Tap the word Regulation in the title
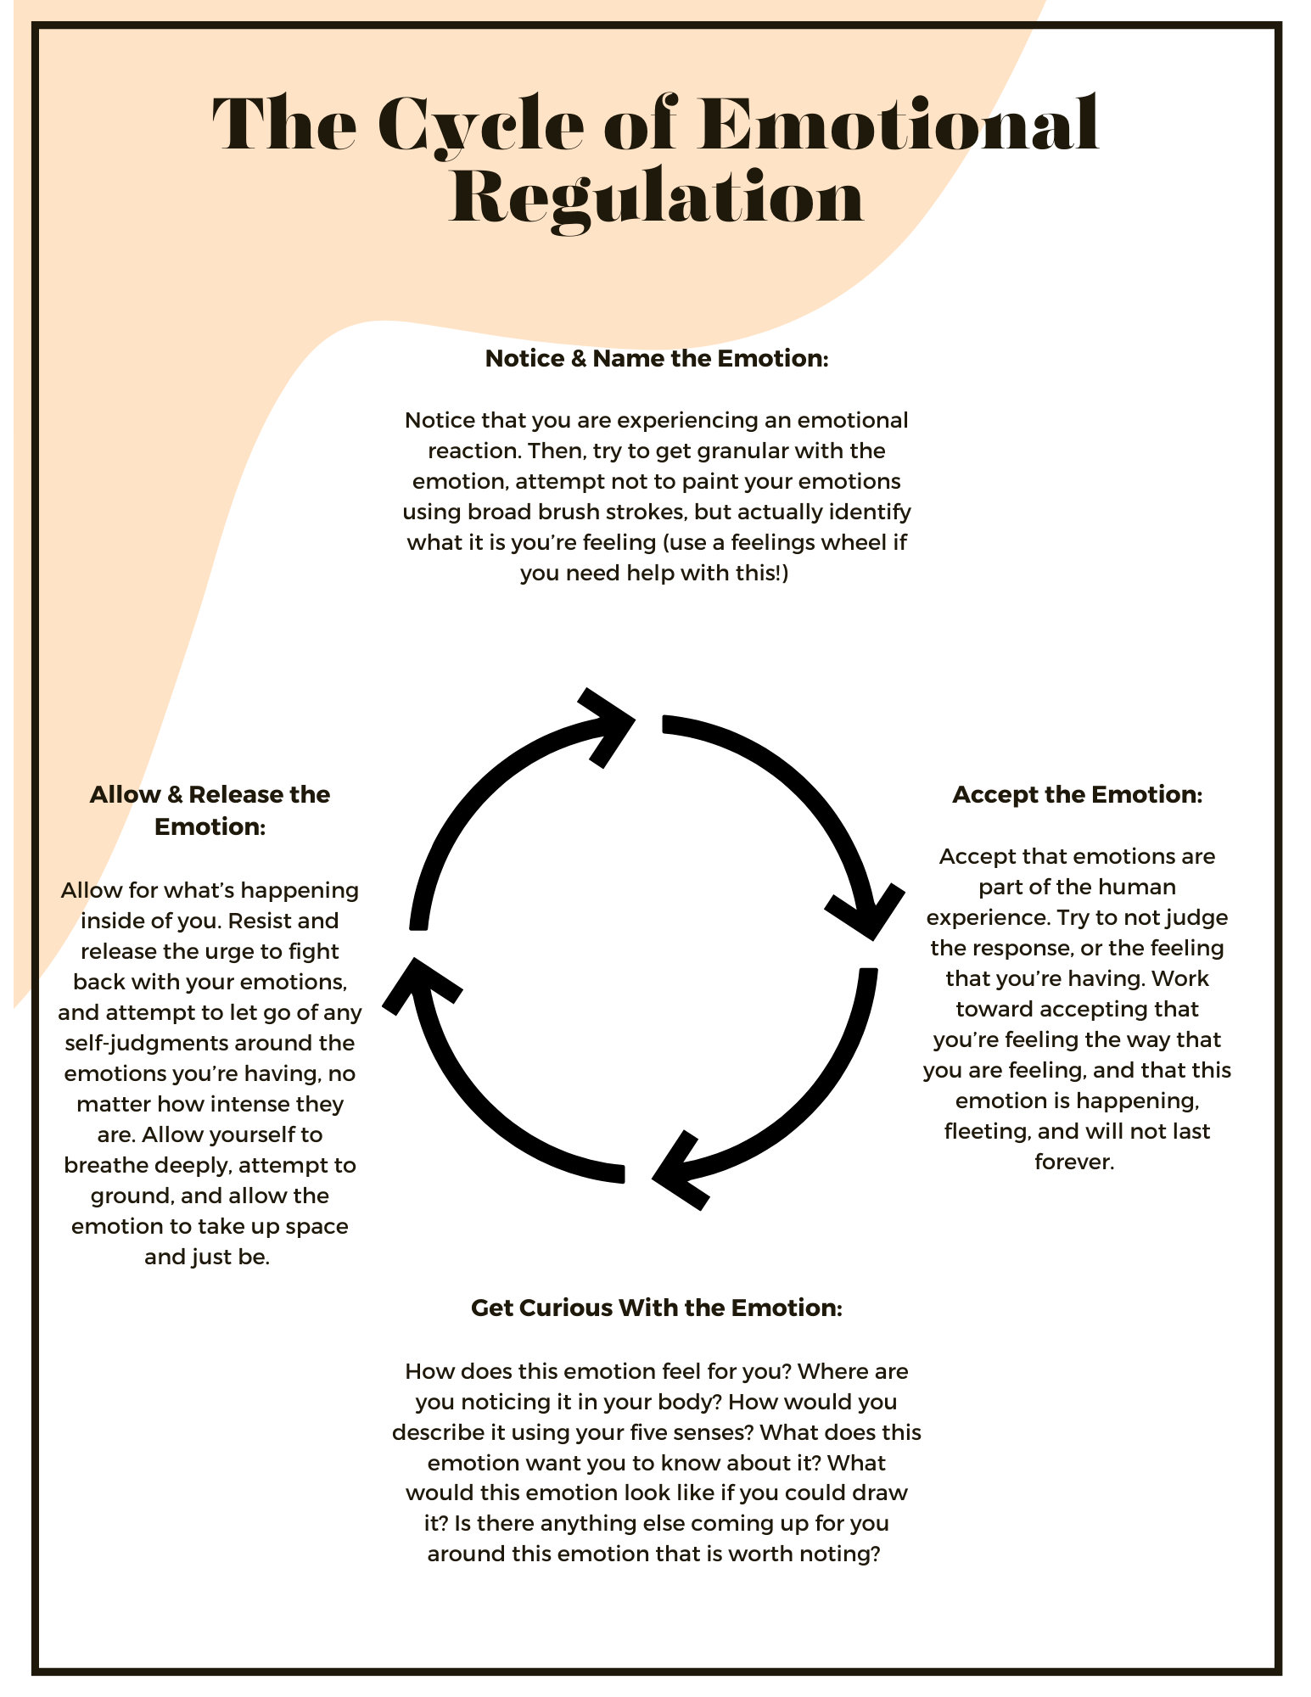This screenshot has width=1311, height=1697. point(656,198)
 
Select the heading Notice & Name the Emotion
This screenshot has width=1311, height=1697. point(656,359)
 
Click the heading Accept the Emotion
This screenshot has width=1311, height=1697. point(1077,795)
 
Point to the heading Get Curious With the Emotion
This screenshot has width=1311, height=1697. point(656,1308)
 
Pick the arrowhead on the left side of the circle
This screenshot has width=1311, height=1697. point(416,984)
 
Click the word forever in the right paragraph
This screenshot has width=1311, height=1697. point(1073,1162)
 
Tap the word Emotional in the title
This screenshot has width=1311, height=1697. point(899,125)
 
